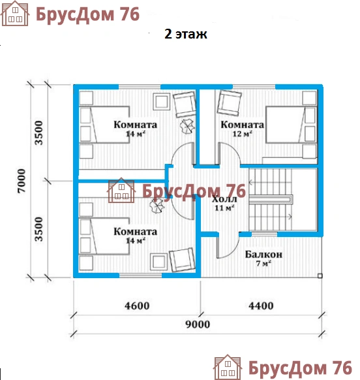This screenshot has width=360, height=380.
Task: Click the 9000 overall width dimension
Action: (x=198, y=325)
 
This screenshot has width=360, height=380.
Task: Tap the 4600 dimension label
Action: (x=137, y=306)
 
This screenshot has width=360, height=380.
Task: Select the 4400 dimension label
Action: (x=261, y=306)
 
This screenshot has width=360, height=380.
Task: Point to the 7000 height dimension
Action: (x=22, y=181)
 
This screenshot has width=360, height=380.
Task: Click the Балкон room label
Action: (x=263, y=255)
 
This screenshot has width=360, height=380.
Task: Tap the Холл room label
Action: (x=224, y=199)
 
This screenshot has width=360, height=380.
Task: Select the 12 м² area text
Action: (x=243, y=134)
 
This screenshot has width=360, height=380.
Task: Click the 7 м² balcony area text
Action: (x=263, y=263)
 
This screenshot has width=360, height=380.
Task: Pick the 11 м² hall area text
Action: (x=224, y=208)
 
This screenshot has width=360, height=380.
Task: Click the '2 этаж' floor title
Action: (x=186, y=34)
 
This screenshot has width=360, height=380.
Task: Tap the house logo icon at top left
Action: (x=15, y=13)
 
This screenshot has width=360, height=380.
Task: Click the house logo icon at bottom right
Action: (x=228, y=367)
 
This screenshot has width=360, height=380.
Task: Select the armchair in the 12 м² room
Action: (x=229, y=103)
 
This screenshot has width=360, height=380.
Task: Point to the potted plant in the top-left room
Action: (x=187, y=126)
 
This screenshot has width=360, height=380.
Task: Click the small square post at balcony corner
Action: (x=320, y=276)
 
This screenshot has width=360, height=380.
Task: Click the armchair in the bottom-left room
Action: (x=182, y=260)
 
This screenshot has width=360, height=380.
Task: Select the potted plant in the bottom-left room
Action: (x=157, y=206)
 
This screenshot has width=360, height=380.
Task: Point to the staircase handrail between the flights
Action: (x=271, y=199)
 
